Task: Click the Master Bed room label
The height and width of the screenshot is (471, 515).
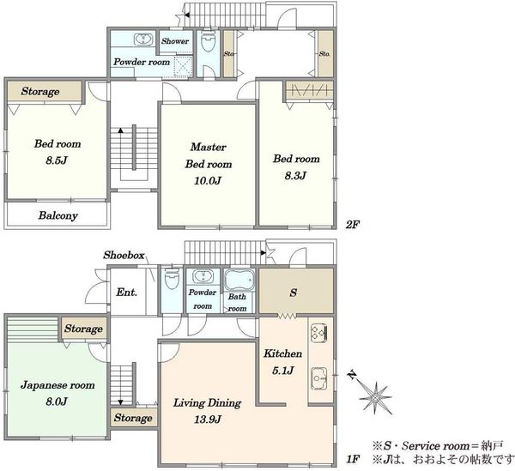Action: [x=209, y=155]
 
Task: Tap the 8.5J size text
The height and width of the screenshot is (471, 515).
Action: [x=57, y=160]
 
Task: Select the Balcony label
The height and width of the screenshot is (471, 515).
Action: [x=58, y=215]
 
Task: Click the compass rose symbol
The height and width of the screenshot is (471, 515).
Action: [x=375, y=397]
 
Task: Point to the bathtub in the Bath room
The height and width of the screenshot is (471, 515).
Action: [x=240, y=280]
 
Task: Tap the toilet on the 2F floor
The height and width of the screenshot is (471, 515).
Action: [x=208, y=41]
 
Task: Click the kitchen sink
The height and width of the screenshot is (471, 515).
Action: [x=319, y=378]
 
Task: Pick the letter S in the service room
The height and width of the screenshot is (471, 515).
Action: [x=294, y=293]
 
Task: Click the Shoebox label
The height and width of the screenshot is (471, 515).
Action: [x=124, y=255]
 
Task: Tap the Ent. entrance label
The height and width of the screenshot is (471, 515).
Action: [x=126, y=292]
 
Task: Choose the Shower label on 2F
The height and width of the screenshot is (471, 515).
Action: [x=175, y=41]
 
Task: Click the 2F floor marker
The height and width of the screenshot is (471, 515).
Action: [x=353, y=225]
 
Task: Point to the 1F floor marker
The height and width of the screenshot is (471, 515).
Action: [x=353, y=459]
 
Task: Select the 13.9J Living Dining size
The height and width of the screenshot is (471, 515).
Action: [x=208, y=420]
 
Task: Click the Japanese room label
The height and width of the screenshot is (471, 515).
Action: [x=58, y=385]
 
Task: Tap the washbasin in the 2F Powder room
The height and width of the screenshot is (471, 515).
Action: [x=143, y=39]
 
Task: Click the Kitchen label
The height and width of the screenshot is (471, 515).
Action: [x=282, y=353]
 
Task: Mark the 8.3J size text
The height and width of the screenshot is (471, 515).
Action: [x=295, y=176]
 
